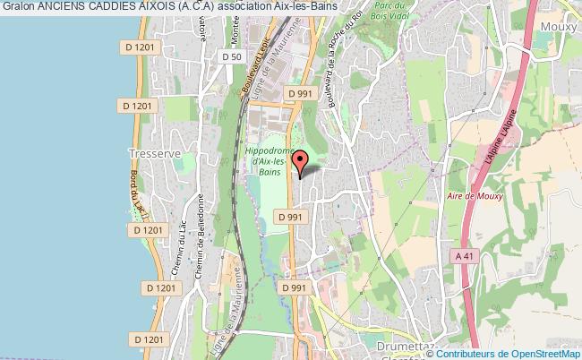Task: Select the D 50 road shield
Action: pos(231,57)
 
